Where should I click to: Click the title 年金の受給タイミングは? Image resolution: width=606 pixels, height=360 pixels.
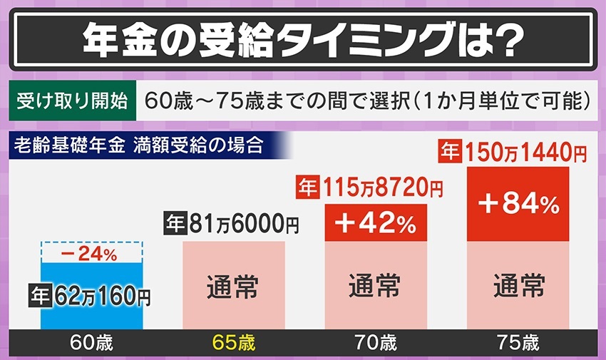(302, 38)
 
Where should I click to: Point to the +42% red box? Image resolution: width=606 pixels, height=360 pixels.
(375, 224)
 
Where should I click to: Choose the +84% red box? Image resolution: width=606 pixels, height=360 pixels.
(518, 205)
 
